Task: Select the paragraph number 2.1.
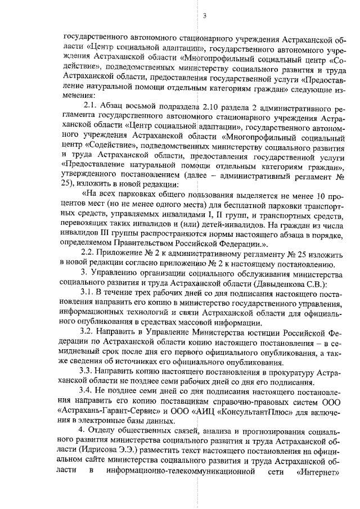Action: [91, 107]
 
